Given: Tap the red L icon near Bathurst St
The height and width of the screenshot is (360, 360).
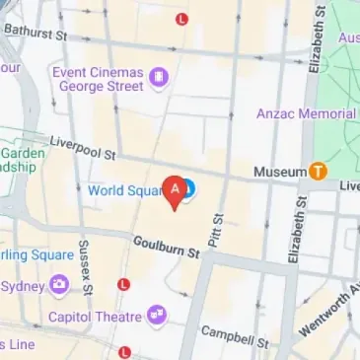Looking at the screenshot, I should tap(180, 19).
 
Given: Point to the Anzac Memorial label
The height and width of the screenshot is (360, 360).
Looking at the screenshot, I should tap(306, 113).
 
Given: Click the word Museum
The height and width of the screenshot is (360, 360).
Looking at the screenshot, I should tap(280, 172).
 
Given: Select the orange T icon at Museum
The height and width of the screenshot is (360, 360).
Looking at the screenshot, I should tap(318, 171).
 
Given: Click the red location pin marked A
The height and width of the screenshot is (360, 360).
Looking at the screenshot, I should tap(177, 190).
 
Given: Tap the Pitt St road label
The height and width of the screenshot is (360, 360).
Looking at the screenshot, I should tap(219, 230).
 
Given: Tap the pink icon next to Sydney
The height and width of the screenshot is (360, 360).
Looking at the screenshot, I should tap(60, 286).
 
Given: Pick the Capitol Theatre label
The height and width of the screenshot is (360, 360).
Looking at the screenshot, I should tap(95, 317).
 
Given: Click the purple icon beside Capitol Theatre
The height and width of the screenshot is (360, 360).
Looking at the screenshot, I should tap(156, 316).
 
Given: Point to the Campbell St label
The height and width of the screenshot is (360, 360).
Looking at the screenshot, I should tap(235, 337).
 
